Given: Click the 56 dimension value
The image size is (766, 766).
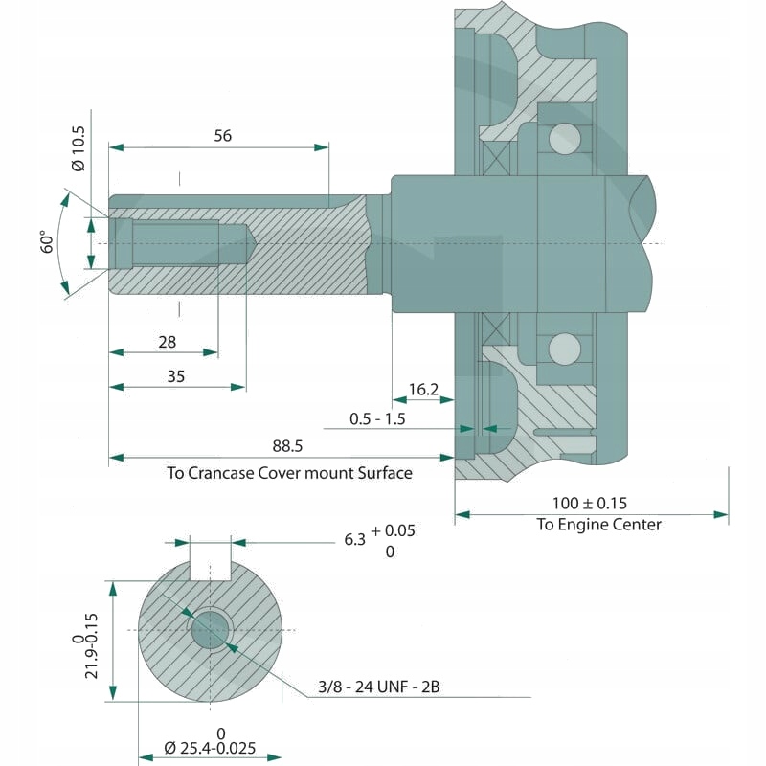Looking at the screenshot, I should coord(222,136).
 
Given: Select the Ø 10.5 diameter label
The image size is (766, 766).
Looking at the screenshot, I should coord(79,150).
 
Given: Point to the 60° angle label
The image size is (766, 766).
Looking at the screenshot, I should coord(44,241).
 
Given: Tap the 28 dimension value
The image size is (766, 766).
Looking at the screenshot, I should coord(167,342).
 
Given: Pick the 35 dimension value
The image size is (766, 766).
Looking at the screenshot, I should coord(175,376).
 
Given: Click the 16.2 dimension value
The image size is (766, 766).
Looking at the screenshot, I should coord(422,389).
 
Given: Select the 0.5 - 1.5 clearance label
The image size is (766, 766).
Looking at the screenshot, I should coord(377,419).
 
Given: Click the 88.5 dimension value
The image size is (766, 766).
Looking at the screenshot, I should coord(287,446).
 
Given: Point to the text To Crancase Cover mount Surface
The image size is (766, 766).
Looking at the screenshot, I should coord(289,472).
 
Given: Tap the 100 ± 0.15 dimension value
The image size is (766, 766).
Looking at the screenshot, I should coord(590,503).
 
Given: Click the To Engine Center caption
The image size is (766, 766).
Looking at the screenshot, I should coord(598,524).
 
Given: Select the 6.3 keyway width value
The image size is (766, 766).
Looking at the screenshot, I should coord(355,540).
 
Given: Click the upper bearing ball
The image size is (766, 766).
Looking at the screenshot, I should coord(564,139).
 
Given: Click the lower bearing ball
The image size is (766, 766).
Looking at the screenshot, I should coord(564,347).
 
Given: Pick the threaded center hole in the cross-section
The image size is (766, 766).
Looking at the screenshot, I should coord(211,629).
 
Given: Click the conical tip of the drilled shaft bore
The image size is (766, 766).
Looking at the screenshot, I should coord(245,243).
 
